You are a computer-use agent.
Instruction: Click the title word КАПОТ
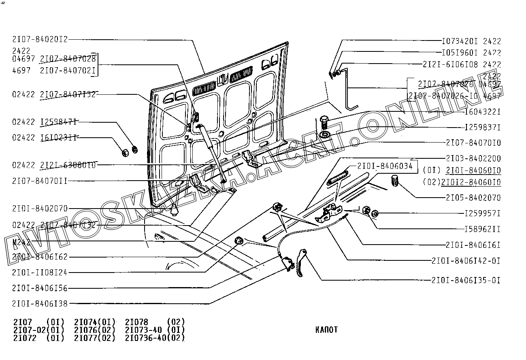point(326,330)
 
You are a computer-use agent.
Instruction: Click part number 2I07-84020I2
point(40,39)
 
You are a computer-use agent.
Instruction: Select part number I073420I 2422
point(471,41)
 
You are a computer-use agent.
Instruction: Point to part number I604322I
point(482,112)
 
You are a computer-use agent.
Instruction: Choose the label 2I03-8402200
point(473,158)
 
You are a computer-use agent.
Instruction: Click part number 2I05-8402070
point(473,198)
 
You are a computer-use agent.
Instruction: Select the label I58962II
point(482,229)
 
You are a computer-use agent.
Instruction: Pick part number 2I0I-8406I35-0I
point(466,280)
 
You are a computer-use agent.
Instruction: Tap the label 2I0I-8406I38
point(40,303)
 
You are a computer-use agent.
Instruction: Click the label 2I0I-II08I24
point(40,273)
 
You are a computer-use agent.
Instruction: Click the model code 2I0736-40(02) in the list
point(155,338)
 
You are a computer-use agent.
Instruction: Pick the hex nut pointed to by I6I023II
point(126,153)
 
